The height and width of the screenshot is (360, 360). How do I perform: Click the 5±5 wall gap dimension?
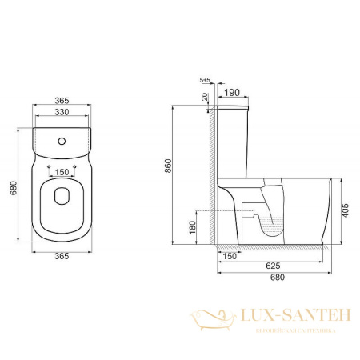[x=205, y=81]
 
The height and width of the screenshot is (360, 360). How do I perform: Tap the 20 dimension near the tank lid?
[x=206, y=97]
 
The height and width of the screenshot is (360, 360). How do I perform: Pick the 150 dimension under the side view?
[x=230, y=256]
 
